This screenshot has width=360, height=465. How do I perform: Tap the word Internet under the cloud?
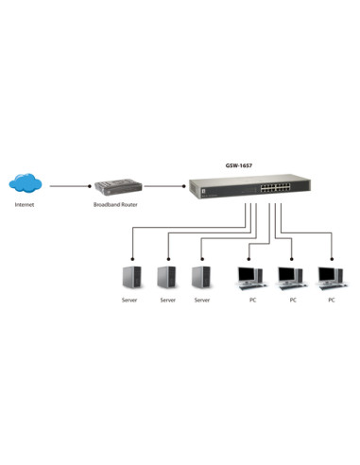tap(25, 204)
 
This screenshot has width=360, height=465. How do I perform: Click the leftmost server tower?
tap(132, 277)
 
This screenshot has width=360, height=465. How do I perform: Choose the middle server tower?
tap(167, 277)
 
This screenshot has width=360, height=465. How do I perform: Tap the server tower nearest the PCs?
tap(200, 277)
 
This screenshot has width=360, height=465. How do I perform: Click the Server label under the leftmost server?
tap(130, 300)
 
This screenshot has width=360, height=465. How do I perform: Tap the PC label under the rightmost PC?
tap(331, 300)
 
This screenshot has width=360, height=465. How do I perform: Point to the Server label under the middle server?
tap(167, 300)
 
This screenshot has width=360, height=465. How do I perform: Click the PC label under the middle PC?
tap(293, 300)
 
